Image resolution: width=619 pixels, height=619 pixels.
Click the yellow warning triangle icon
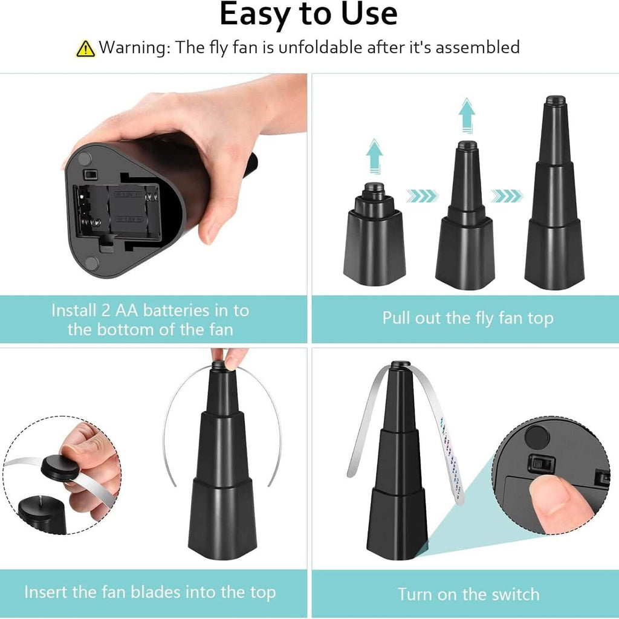85,49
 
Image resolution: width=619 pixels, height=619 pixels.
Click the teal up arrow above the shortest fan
374,157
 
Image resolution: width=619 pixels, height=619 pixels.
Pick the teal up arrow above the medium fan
467,115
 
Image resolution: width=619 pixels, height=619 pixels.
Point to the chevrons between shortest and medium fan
423,195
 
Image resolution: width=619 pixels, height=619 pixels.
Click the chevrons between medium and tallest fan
507,195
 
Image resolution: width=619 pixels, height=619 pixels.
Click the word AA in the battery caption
127,311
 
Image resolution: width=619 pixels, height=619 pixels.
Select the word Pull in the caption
396,318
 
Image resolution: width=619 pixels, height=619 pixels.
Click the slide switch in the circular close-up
541,462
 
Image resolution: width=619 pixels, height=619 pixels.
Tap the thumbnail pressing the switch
553,493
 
